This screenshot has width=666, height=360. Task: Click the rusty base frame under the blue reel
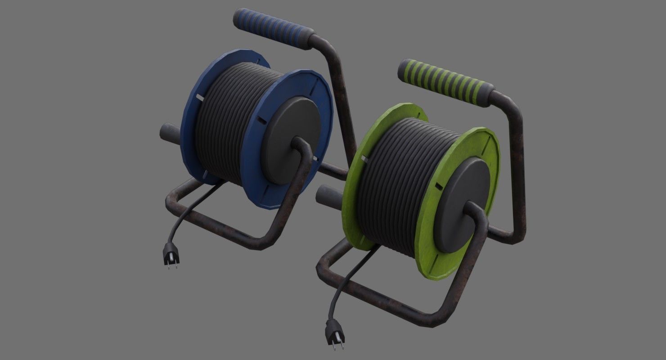216,225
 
